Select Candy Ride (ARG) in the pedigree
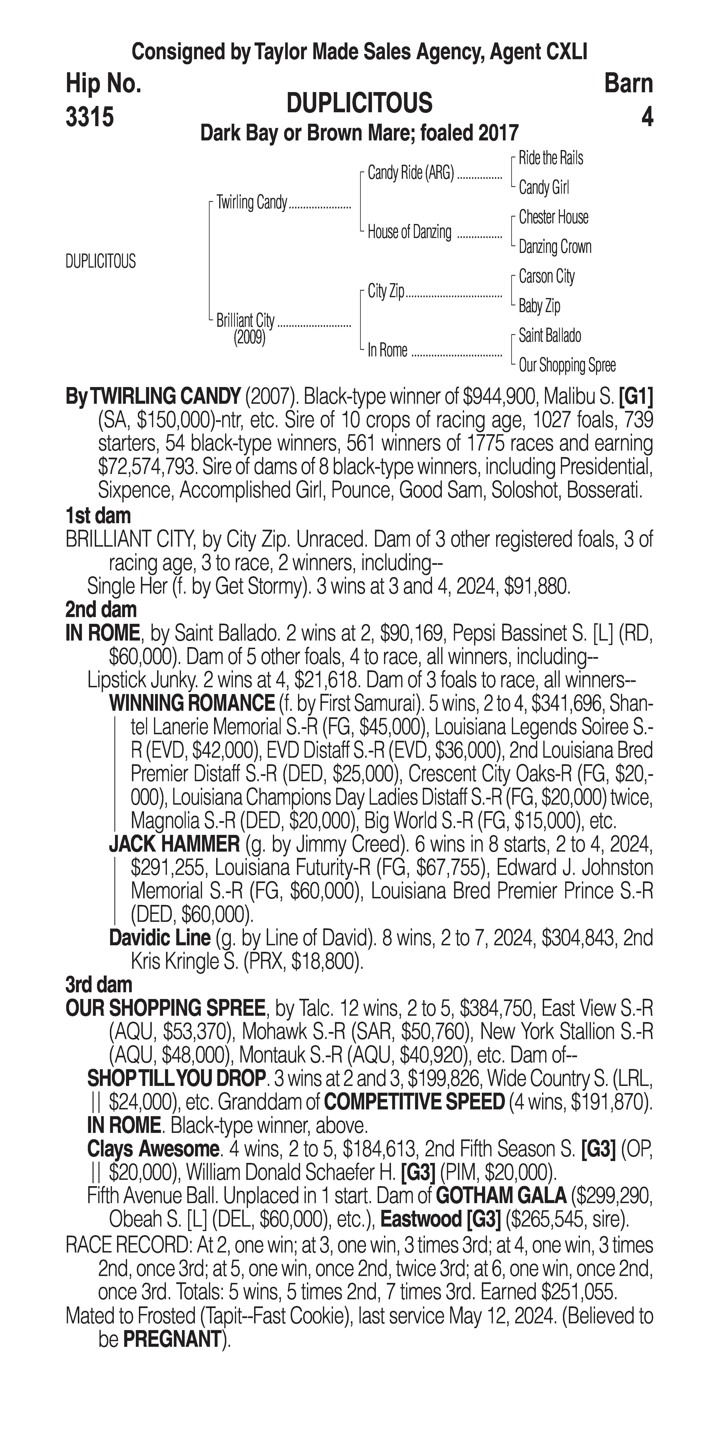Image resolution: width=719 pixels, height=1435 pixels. click(x=411, y=173)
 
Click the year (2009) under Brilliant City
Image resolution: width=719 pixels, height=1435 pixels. click(x=249, y=338)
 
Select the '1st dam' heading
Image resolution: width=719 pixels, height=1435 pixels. click(x=98, y=516)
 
